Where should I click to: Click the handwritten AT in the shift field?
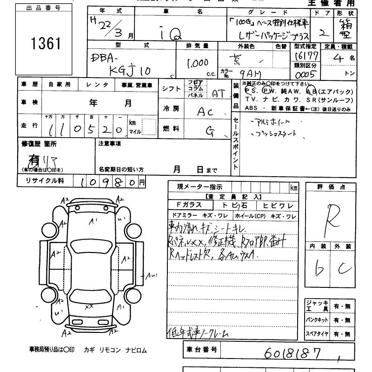pyautogui.click(x=218, y=93)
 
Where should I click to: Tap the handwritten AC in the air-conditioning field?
pyautogui.click(x=206, y=112)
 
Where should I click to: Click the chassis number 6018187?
pyautogui.click(x=292, y=354)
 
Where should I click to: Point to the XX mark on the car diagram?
pyautogui.click(x=90, y=306)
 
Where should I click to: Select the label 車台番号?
pyautogui.click(x=200, y=351)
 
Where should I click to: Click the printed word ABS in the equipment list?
pyautogui.click(x=251, y=109)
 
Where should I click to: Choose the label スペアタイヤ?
pyautogui.click(x=318, y=333)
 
